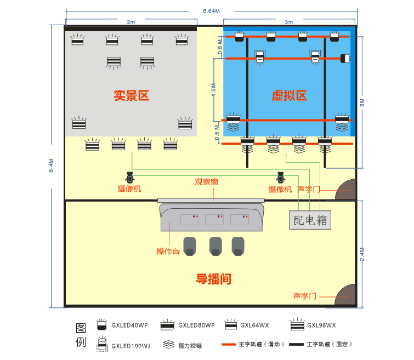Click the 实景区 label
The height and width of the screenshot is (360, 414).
click(131, 96)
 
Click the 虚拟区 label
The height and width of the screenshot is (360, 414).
click(289, 96)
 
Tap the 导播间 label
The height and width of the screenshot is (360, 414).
click(213, 279)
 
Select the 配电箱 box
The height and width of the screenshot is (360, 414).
click(310, 220)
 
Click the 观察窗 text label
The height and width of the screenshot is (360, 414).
click(207, 181)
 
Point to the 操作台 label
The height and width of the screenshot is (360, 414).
click(168, 252)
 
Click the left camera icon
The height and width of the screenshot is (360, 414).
click(130, 177)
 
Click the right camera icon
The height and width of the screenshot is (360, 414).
click(281, 177)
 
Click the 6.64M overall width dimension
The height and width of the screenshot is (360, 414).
click(211, 11)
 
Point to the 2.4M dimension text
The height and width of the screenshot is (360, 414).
click(362, 255)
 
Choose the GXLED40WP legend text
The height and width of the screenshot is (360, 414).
click(129, 325)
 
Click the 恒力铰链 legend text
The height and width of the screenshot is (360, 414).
click(190, 346)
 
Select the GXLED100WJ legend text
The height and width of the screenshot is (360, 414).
click(131, 346)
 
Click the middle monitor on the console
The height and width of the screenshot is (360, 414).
click(214, 219)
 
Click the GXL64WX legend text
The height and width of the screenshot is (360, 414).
click(254, 325)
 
